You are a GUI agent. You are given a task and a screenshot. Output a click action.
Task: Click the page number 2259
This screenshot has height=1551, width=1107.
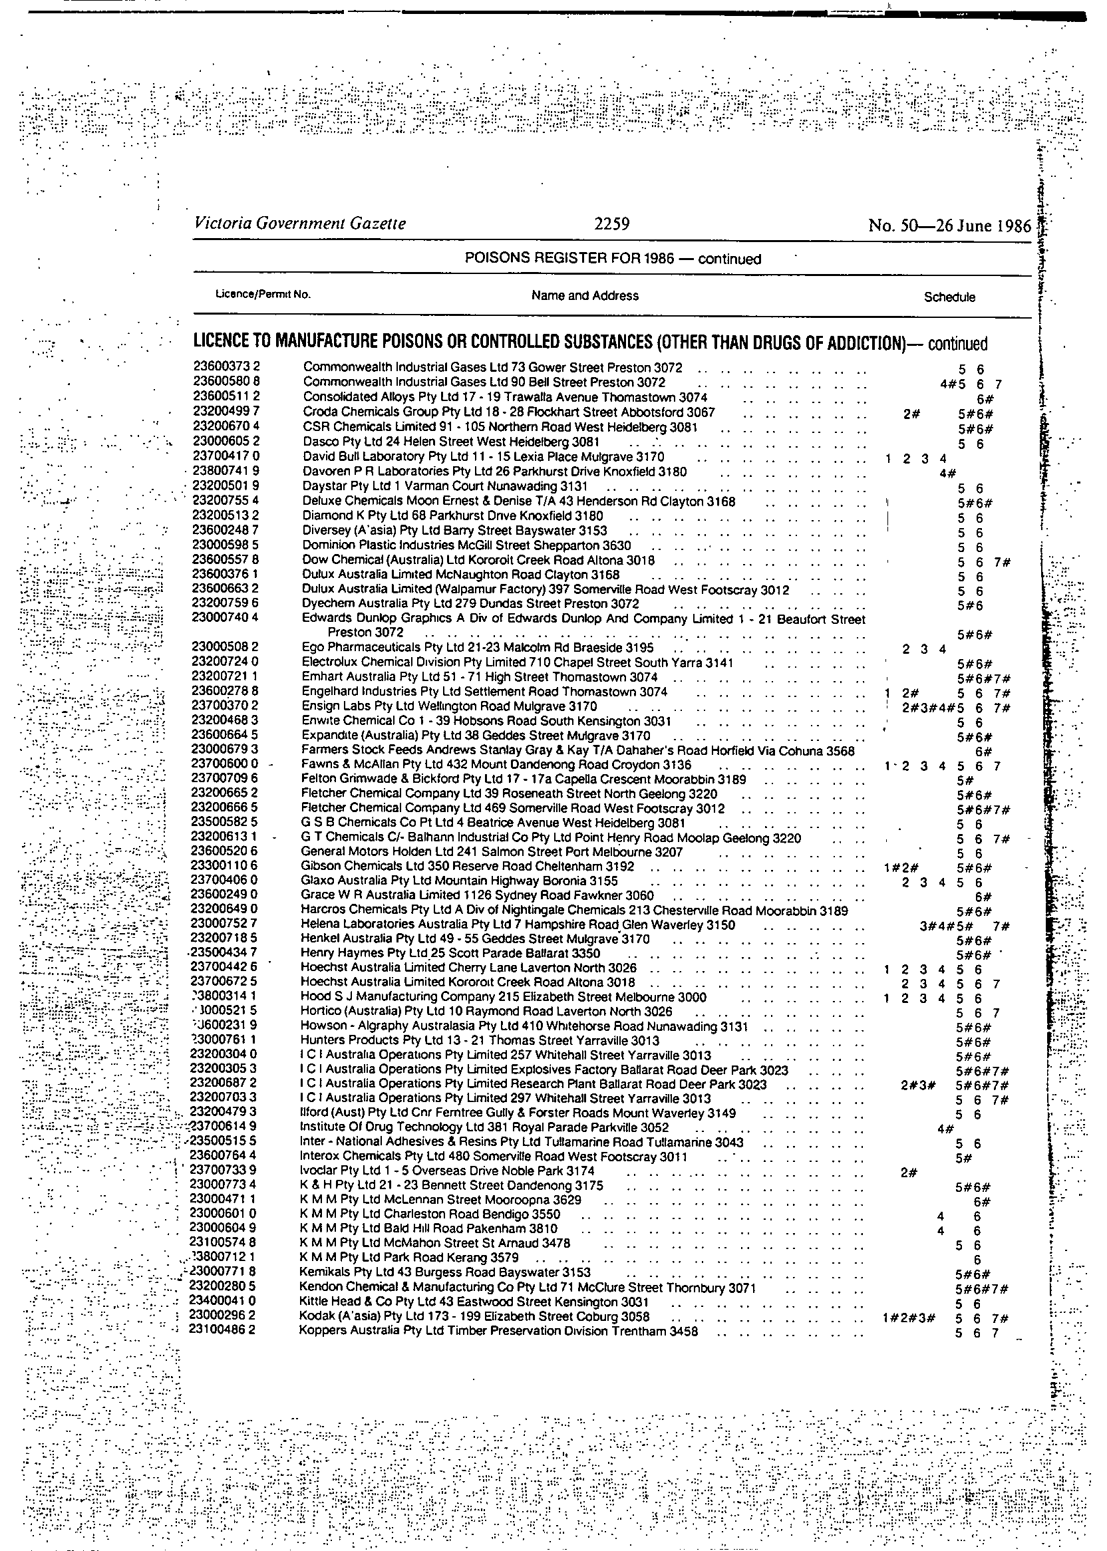coord(611,223)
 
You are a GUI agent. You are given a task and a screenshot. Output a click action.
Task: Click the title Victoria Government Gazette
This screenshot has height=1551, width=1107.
coord(300,223)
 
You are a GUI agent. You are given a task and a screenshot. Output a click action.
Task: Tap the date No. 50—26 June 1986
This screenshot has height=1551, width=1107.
coord(949,225)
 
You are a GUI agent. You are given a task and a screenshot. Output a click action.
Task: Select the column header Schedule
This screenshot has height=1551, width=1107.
coord(949,297)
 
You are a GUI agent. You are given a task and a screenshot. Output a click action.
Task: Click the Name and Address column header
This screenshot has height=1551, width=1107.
coord(585,296)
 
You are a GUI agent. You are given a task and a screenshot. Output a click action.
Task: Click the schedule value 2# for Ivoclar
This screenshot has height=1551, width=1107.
coord(909,1172)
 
